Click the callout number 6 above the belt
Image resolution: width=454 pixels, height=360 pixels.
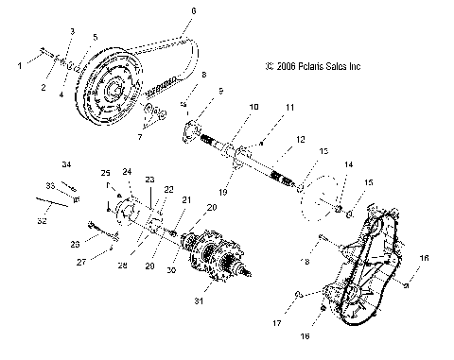pos(194,11)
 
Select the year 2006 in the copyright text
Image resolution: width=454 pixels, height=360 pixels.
pos(281,67)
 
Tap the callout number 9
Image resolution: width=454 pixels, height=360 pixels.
pos(219,91)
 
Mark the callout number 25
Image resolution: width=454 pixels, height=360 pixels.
pos(105,172)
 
